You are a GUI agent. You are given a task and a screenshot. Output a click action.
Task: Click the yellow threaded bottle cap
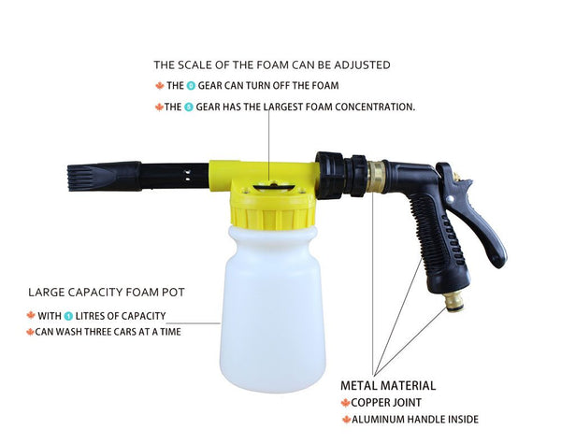[271, 208]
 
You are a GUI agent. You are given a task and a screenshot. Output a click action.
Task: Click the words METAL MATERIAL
[388, 385]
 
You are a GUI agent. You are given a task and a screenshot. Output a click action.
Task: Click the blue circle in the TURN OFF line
[191, 85]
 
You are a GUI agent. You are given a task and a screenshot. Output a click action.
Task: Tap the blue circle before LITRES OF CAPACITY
[68, 316]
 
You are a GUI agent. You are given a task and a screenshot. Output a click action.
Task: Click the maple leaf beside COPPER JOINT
[345, 403]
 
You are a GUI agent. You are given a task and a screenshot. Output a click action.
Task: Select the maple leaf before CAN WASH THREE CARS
[29, 332]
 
